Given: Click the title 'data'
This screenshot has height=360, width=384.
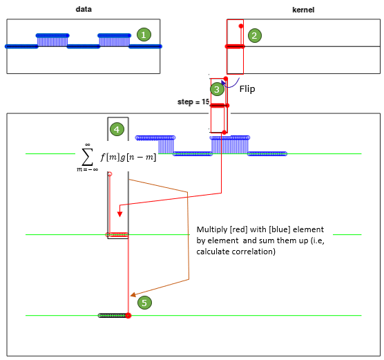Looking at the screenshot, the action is point(84,9).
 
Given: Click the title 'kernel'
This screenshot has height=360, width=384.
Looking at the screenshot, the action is point(303,10).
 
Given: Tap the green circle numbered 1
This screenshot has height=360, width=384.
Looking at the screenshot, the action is point(144,35).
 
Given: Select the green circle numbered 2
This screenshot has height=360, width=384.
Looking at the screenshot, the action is point(255,35).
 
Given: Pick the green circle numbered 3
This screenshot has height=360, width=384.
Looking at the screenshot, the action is point(218,89).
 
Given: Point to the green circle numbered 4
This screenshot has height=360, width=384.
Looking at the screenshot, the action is point(117,129).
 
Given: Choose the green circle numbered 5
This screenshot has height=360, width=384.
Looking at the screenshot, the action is point(144,303).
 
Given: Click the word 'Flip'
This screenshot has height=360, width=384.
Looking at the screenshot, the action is point(247,88).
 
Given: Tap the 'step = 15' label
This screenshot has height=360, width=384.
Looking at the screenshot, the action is point(193,102).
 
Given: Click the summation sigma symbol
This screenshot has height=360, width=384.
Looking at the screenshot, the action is point(87,157).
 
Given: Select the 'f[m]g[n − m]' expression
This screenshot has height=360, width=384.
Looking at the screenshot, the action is point(128,157).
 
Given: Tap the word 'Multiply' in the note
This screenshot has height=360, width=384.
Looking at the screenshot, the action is point(212,229).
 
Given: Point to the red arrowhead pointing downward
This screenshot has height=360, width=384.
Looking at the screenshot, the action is point(119,214).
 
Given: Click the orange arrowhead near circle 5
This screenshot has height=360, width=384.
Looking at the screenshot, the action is point(133,294).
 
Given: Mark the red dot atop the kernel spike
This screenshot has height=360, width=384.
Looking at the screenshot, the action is point(241,26).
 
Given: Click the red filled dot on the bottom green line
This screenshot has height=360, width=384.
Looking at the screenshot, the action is point(128,316).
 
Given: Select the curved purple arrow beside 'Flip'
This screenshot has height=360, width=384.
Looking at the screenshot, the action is point(230,84).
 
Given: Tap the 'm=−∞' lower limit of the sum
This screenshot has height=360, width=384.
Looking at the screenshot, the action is point(88,169).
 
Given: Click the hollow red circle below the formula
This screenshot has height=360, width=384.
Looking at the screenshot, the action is point(110,174).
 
